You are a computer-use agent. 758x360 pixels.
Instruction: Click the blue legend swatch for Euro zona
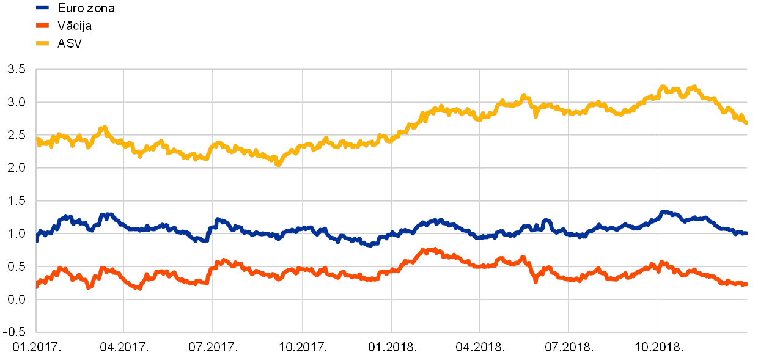click(42, 7)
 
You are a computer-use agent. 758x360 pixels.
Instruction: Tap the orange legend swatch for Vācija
click(42, 25)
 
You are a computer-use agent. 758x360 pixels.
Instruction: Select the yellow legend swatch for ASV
click(42, 43)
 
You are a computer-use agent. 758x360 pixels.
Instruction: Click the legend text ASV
click(69, 43)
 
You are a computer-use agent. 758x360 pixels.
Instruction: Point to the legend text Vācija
click(74, 25)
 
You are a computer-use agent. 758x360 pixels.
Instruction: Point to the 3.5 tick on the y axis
click(17, 69)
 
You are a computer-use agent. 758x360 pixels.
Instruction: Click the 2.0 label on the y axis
click(17, 167)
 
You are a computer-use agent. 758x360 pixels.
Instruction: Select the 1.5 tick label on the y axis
click(17, 200)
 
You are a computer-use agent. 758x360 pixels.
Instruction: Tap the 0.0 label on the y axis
click(17, 299)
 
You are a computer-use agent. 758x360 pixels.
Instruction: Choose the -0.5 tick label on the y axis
click(17, 332)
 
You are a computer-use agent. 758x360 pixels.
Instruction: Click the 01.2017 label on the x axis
click(35, 347)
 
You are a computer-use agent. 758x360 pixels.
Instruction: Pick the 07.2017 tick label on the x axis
click(212, 347)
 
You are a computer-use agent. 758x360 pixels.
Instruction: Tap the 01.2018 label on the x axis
click(391, 347)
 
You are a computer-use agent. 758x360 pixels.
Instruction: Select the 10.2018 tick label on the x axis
click(658, 347)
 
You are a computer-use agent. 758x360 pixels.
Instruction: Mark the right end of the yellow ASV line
click(746, 123)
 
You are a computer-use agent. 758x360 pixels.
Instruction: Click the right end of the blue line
click(746, 233)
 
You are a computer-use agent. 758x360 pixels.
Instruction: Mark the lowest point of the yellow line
click(278, 164)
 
